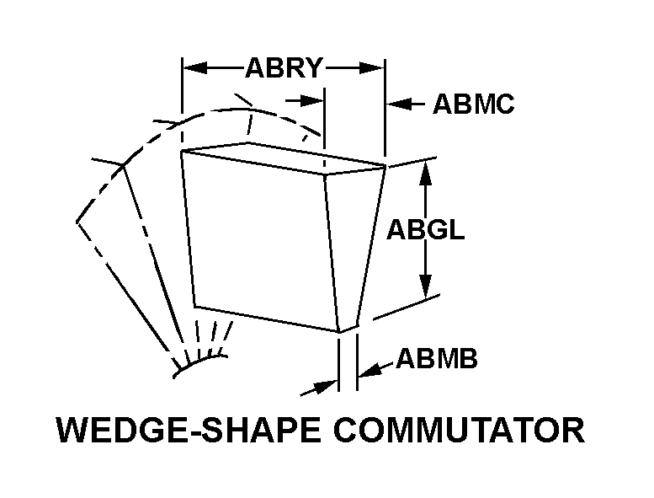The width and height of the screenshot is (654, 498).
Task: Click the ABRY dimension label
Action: [284, 68]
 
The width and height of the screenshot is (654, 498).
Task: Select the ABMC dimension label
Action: [473, 104]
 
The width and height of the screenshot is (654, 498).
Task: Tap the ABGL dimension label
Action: [425, 229]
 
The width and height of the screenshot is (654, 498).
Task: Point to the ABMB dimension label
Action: [437, 359]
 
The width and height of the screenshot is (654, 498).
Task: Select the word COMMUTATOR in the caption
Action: [459, 431]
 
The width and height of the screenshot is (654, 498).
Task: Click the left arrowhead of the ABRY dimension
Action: [195, 67]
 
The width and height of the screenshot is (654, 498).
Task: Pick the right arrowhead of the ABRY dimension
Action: [371, 67]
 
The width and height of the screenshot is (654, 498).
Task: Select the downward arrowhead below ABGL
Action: [425, 286]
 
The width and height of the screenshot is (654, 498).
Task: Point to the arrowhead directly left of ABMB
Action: [370, 371]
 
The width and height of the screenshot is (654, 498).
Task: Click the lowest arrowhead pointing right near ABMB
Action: [325, 387]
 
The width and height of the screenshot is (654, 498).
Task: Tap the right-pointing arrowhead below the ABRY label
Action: [311, 100]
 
